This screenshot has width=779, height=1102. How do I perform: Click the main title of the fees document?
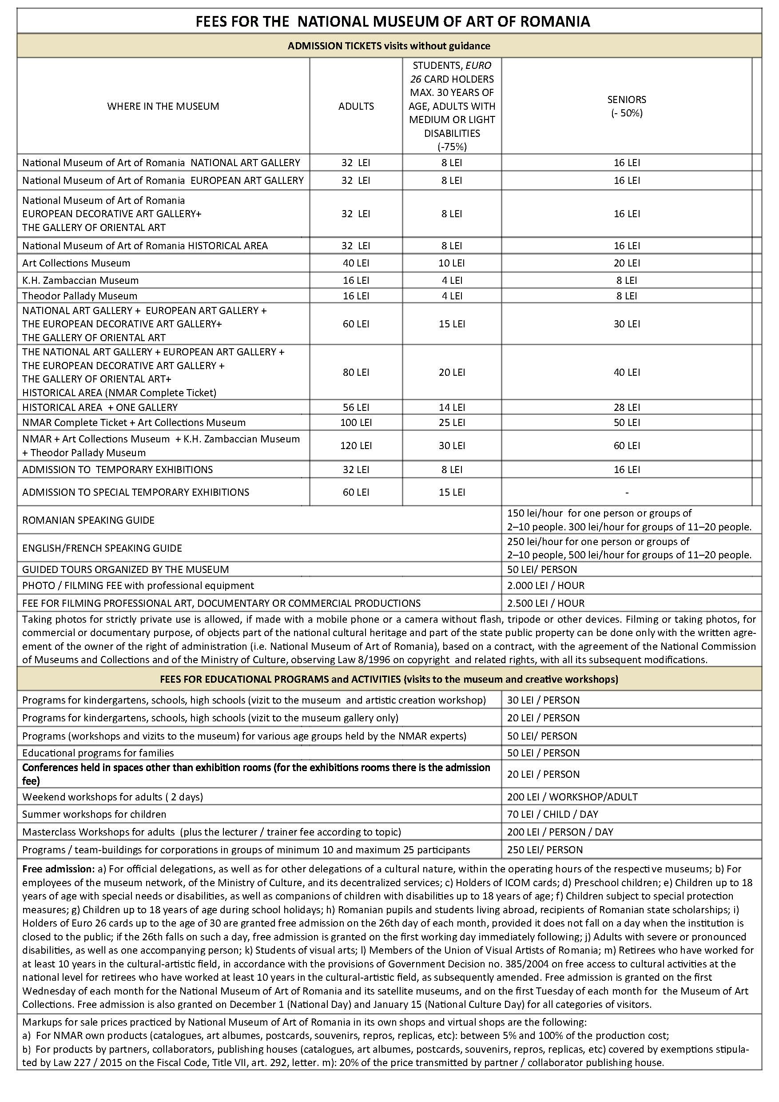[393, 22]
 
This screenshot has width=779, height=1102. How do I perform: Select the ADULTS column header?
[356, 106]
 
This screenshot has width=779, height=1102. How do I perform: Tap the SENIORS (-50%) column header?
[626, 106]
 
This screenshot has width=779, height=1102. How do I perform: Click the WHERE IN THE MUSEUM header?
[163, 106]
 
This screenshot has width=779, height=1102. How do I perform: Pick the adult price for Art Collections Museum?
[356, 263]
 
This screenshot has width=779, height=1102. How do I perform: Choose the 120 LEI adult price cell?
[356, 446]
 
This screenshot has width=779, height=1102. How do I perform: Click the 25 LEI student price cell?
[452, 422]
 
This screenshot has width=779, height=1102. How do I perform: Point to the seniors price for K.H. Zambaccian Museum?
[626, 280]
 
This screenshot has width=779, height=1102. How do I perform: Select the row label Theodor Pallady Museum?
[79, 296]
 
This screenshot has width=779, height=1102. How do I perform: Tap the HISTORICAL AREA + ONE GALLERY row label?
[100, 407]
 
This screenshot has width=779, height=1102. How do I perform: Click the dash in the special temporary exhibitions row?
[626, 493]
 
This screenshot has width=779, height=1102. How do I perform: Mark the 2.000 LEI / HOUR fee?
[546, 585]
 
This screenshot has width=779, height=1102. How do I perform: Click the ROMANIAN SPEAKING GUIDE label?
[88, 520]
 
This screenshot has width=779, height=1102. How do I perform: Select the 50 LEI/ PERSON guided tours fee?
[542, 570]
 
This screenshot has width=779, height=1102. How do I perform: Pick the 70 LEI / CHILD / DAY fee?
[552, 814]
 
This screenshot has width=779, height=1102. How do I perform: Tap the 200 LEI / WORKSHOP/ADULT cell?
[572, 797]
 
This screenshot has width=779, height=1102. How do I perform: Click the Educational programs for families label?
[98, 752]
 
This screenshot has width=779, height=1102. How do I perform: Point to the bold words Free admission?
[58, 869]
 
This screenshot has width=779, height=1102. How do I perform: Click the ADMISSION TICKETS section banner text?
[389, 46]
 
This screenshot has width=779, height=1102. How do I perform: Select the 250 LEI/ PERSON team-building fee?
[545, 850]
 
